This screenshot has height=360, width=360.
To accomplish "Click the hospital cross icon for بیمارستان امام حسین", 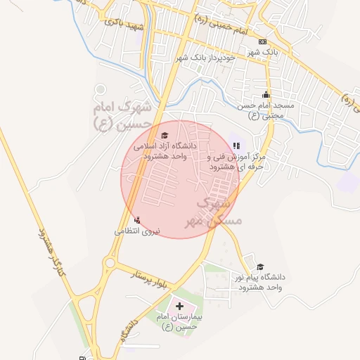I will pyautogui.click(x=180, y=307).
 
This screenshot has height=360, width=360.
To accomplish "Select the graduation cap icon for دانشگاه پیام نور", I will pyautogui.click(x=260, y=267).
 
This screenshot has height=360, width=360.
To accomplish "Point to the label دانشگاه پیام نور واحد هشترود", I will pyautogui.click(x=259, y=283).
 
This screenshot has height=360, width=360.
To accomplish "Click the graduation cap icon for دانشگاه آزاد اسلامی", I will pyautogui.click(x=165, y=136).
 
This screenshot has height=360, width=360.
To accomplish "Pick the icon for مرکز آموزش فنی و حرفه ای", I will pyautogui.click(x=236, y=146).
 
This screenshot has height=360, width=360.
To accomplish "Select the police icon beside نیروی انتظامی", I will pyautogui.click(x=136, y=220).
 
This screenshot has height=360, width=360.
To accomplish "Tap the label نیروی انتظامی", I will pyautogui.click(x=138, y=231).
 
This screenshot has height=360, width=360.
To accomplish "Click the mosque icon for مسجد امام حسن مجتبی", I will pyautogui.click(x=266, y=95).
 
